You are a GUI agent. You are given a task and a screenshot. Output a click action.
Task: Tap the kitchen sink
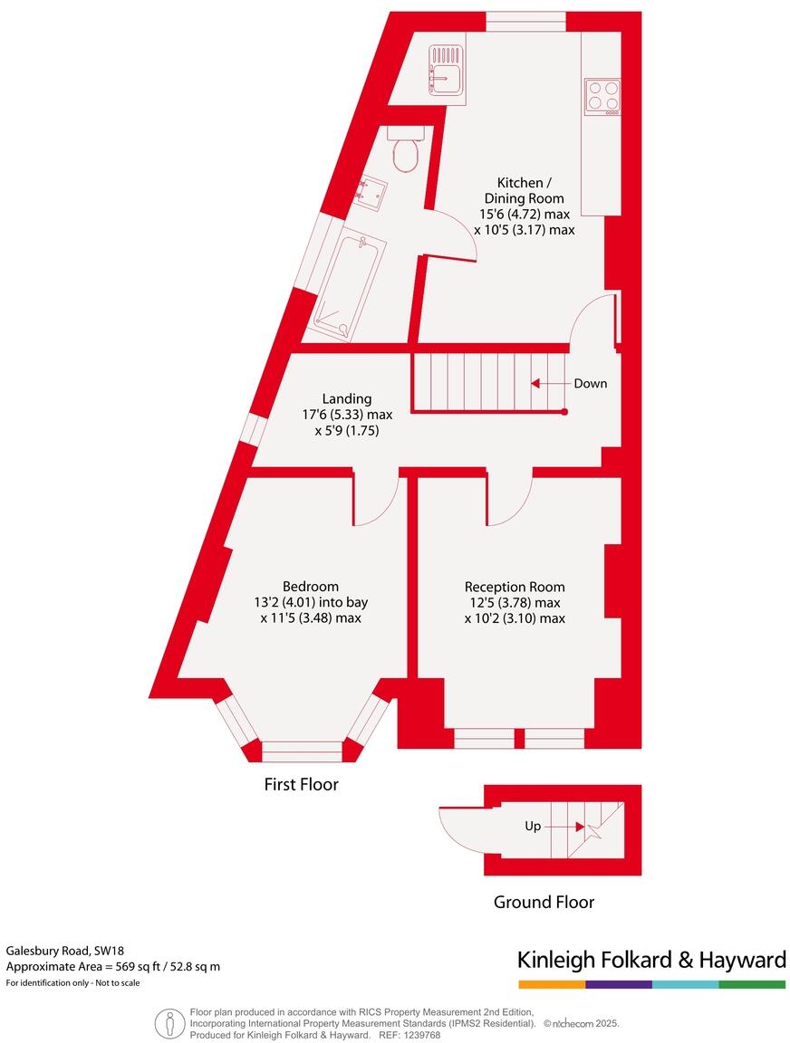(x=447, y=71)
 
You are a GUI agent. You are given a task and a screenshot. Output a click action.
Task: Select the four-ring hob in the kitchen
(x=602, y=97)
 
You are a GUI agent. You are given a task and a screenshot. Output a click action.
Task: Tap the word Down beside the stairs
(x=591, y=384)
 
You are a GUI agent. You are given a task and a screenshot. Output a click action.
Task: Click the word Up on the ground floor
(x=534, y=827)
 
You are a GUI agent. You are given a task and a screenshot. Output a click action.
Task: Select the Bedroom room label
(x=311, y=587)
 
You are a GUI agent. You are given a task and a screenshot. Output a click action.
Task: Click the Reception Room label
(x=515, y=587)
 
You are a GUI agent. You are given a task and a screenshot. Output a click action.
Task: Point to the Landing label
(x=347, y=399)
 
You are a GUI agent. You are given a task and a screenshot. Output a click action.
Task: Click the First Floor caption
(x=301, y=785)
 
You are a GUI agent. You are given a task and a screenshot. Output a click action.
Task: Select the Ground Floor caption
(x=544, y=903)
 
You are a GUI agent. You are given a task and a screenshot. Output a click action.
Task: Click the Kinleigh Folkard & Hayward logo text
(x=650, y=960)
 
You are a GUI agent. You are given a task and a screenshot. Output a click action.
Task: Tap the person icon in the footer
(x=169, y=1023)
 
